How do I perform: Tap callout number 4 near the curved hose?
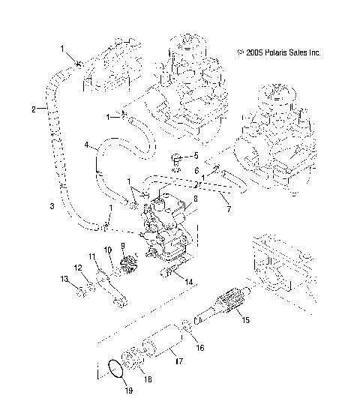pos(86,144)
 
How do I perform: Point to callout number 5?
pos(196,156)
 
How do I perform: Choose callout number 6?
pos(196,171)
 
